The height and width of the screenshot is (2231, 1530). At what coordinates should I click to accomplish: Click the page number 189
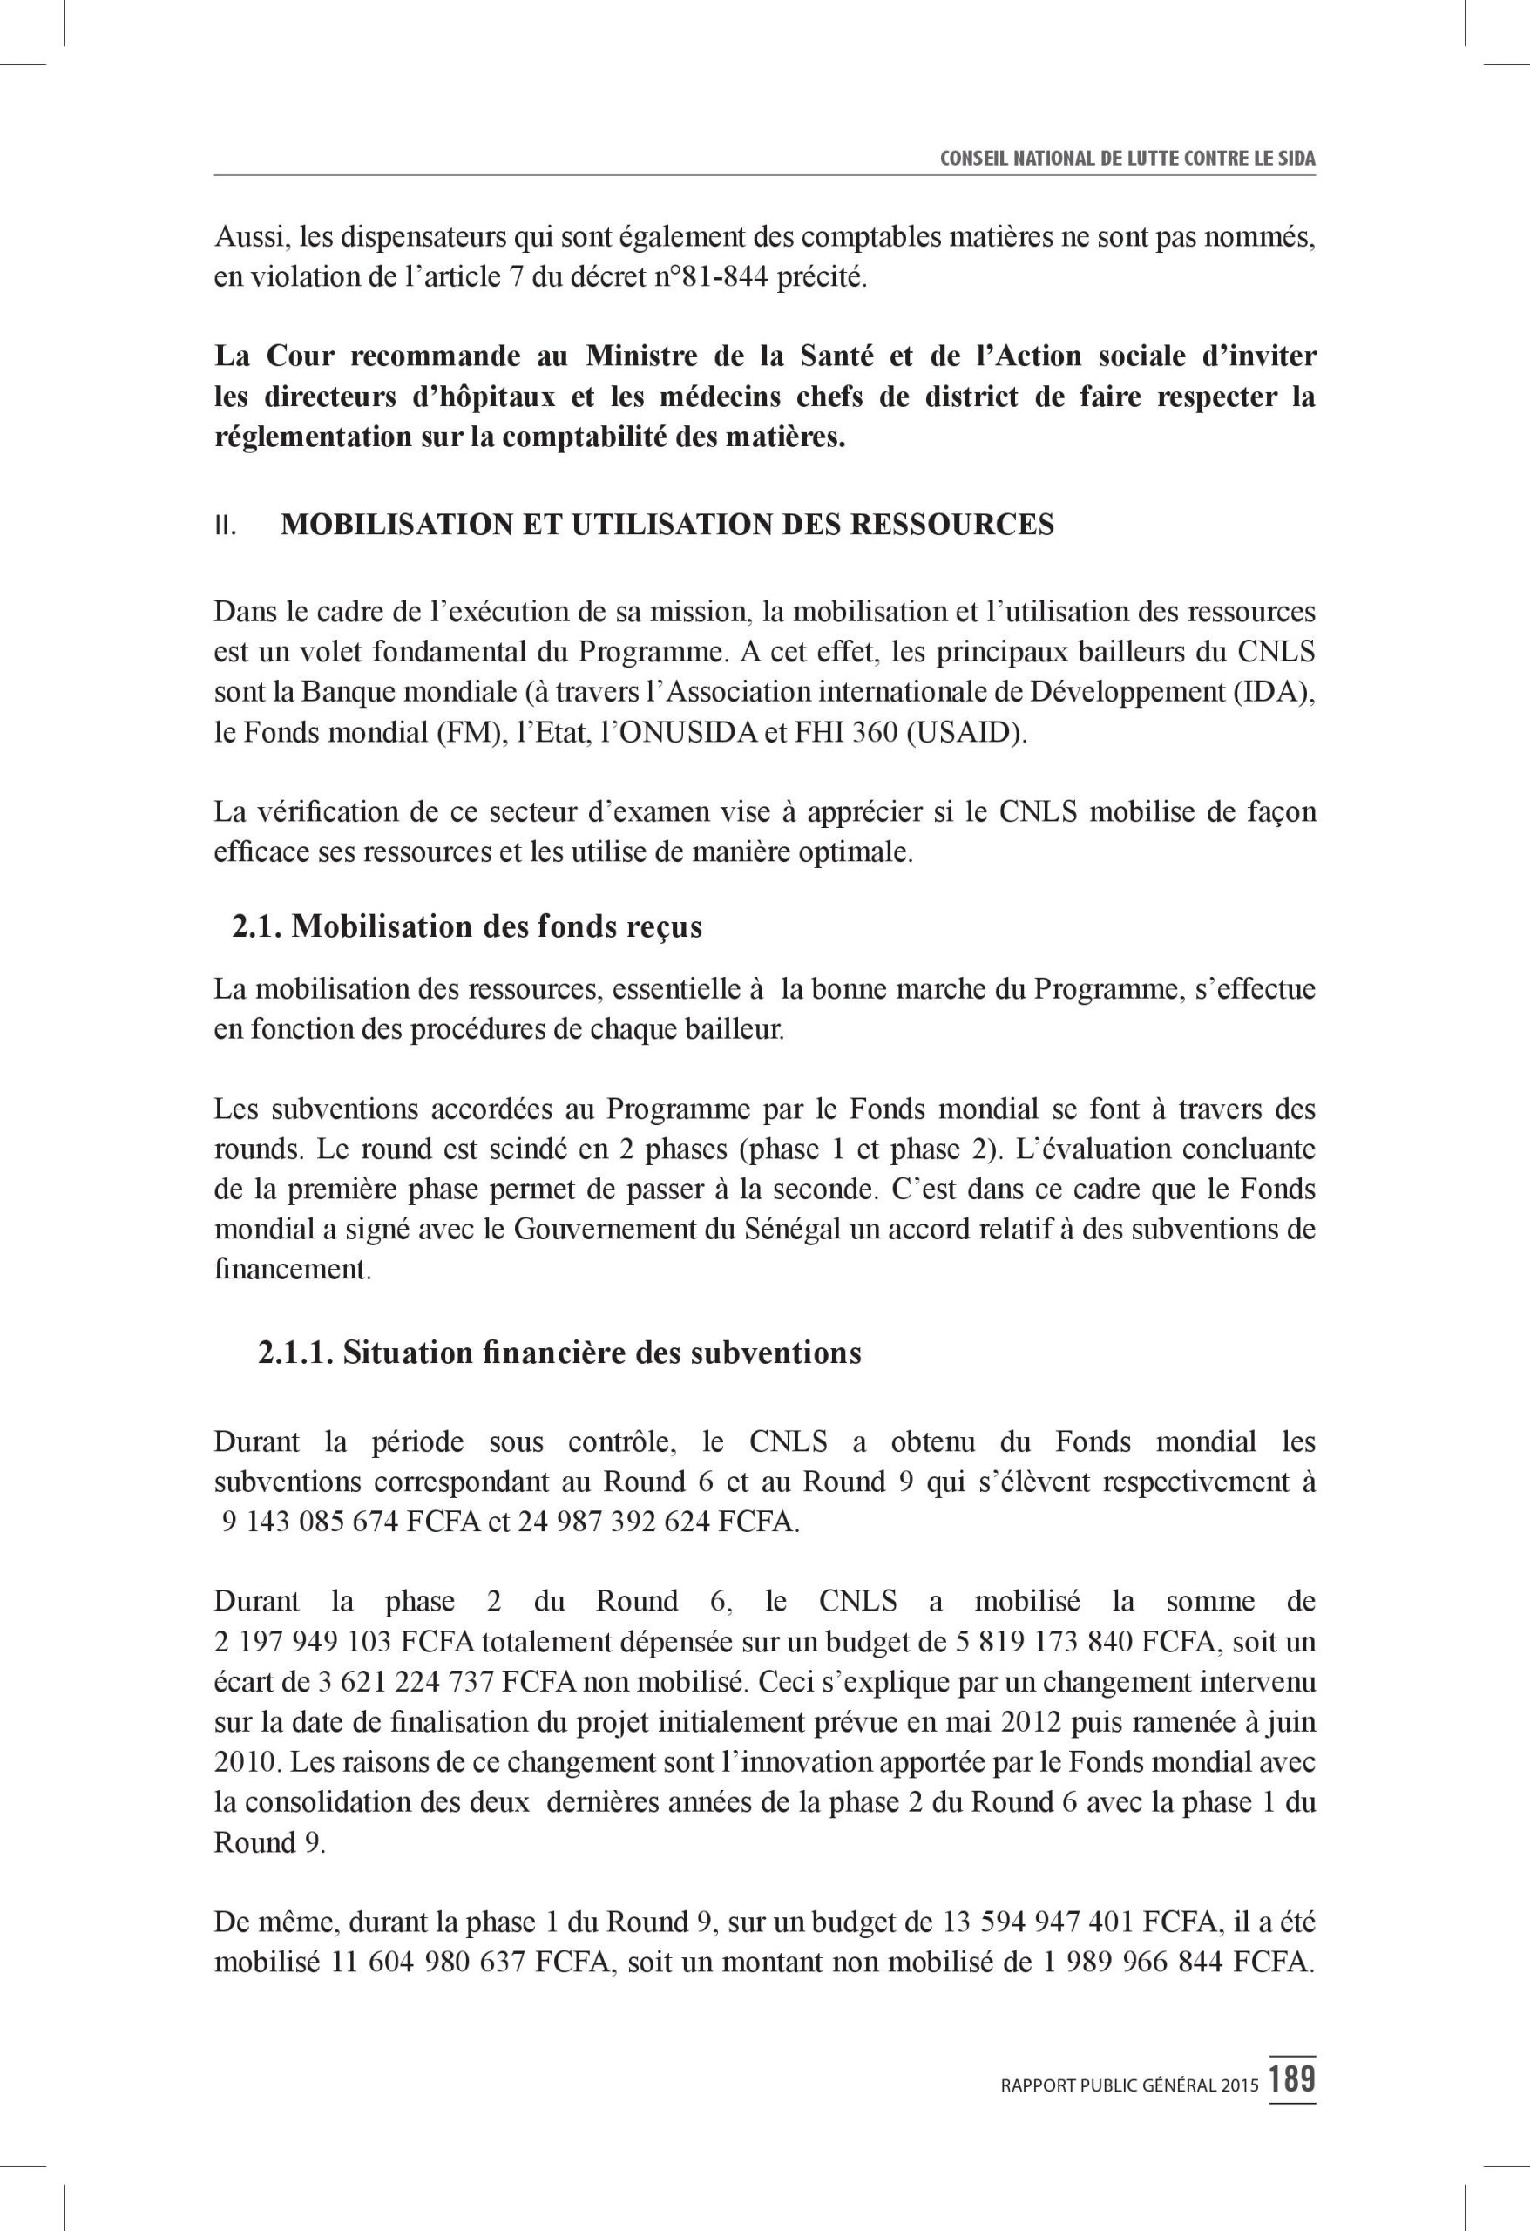click(x=1291, y=2079)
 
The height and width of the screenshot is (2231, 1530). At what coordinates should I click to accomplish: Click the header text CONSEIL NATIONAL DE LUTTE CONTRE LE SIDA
click(x=1127, y=159)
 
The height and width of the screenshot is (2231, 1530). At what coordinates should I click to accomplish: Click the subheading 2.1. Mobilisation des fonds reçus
click(x=466, y=926)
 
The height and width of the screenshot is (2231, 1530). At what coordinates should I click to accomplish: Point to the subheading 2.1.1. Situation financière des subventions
click(x=559, y=1353)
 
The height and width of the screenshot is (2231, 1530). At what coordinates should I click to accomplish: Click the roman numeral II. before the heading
click(x=227, y=527)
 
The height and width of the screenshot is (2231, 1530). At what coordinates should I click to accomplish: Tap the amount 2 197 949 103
click(x=302, y=1643)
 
